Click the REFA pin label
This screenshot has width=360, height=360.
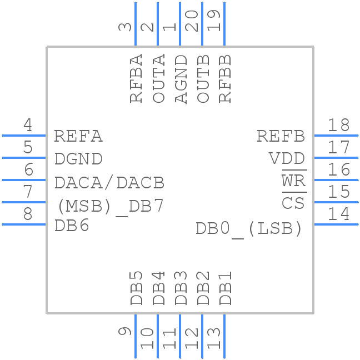78,136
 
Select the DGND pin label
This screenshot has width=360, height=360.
78,159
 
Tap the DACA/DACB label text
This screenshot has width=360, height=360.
109,182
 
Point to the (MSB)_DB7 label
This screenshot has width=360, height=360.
111,206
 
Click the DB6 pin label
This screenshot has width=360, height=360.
72,226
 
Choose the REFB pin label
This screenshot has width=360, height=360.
281,136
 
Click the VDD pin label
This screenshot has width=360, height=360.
287,159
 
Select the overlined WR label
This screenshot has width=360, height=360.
293,181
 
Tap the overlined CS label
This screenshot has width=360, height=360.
293,203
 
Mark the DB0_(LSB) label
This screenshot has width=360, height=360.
249,228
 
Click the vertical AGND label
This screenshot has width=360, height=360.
181,79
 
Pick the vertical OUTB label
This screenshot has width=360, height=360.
203,79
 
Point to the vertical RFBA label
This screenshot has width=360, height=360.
137,79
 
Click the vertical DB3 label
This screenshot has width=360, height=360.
181,288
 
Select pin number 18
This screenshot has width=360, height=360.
338,125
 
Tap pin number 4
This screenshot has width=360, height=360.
27,125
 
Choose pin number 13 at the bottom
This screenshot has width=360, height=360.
214,338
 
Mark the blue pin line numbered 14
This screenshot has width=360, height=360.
336,224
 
